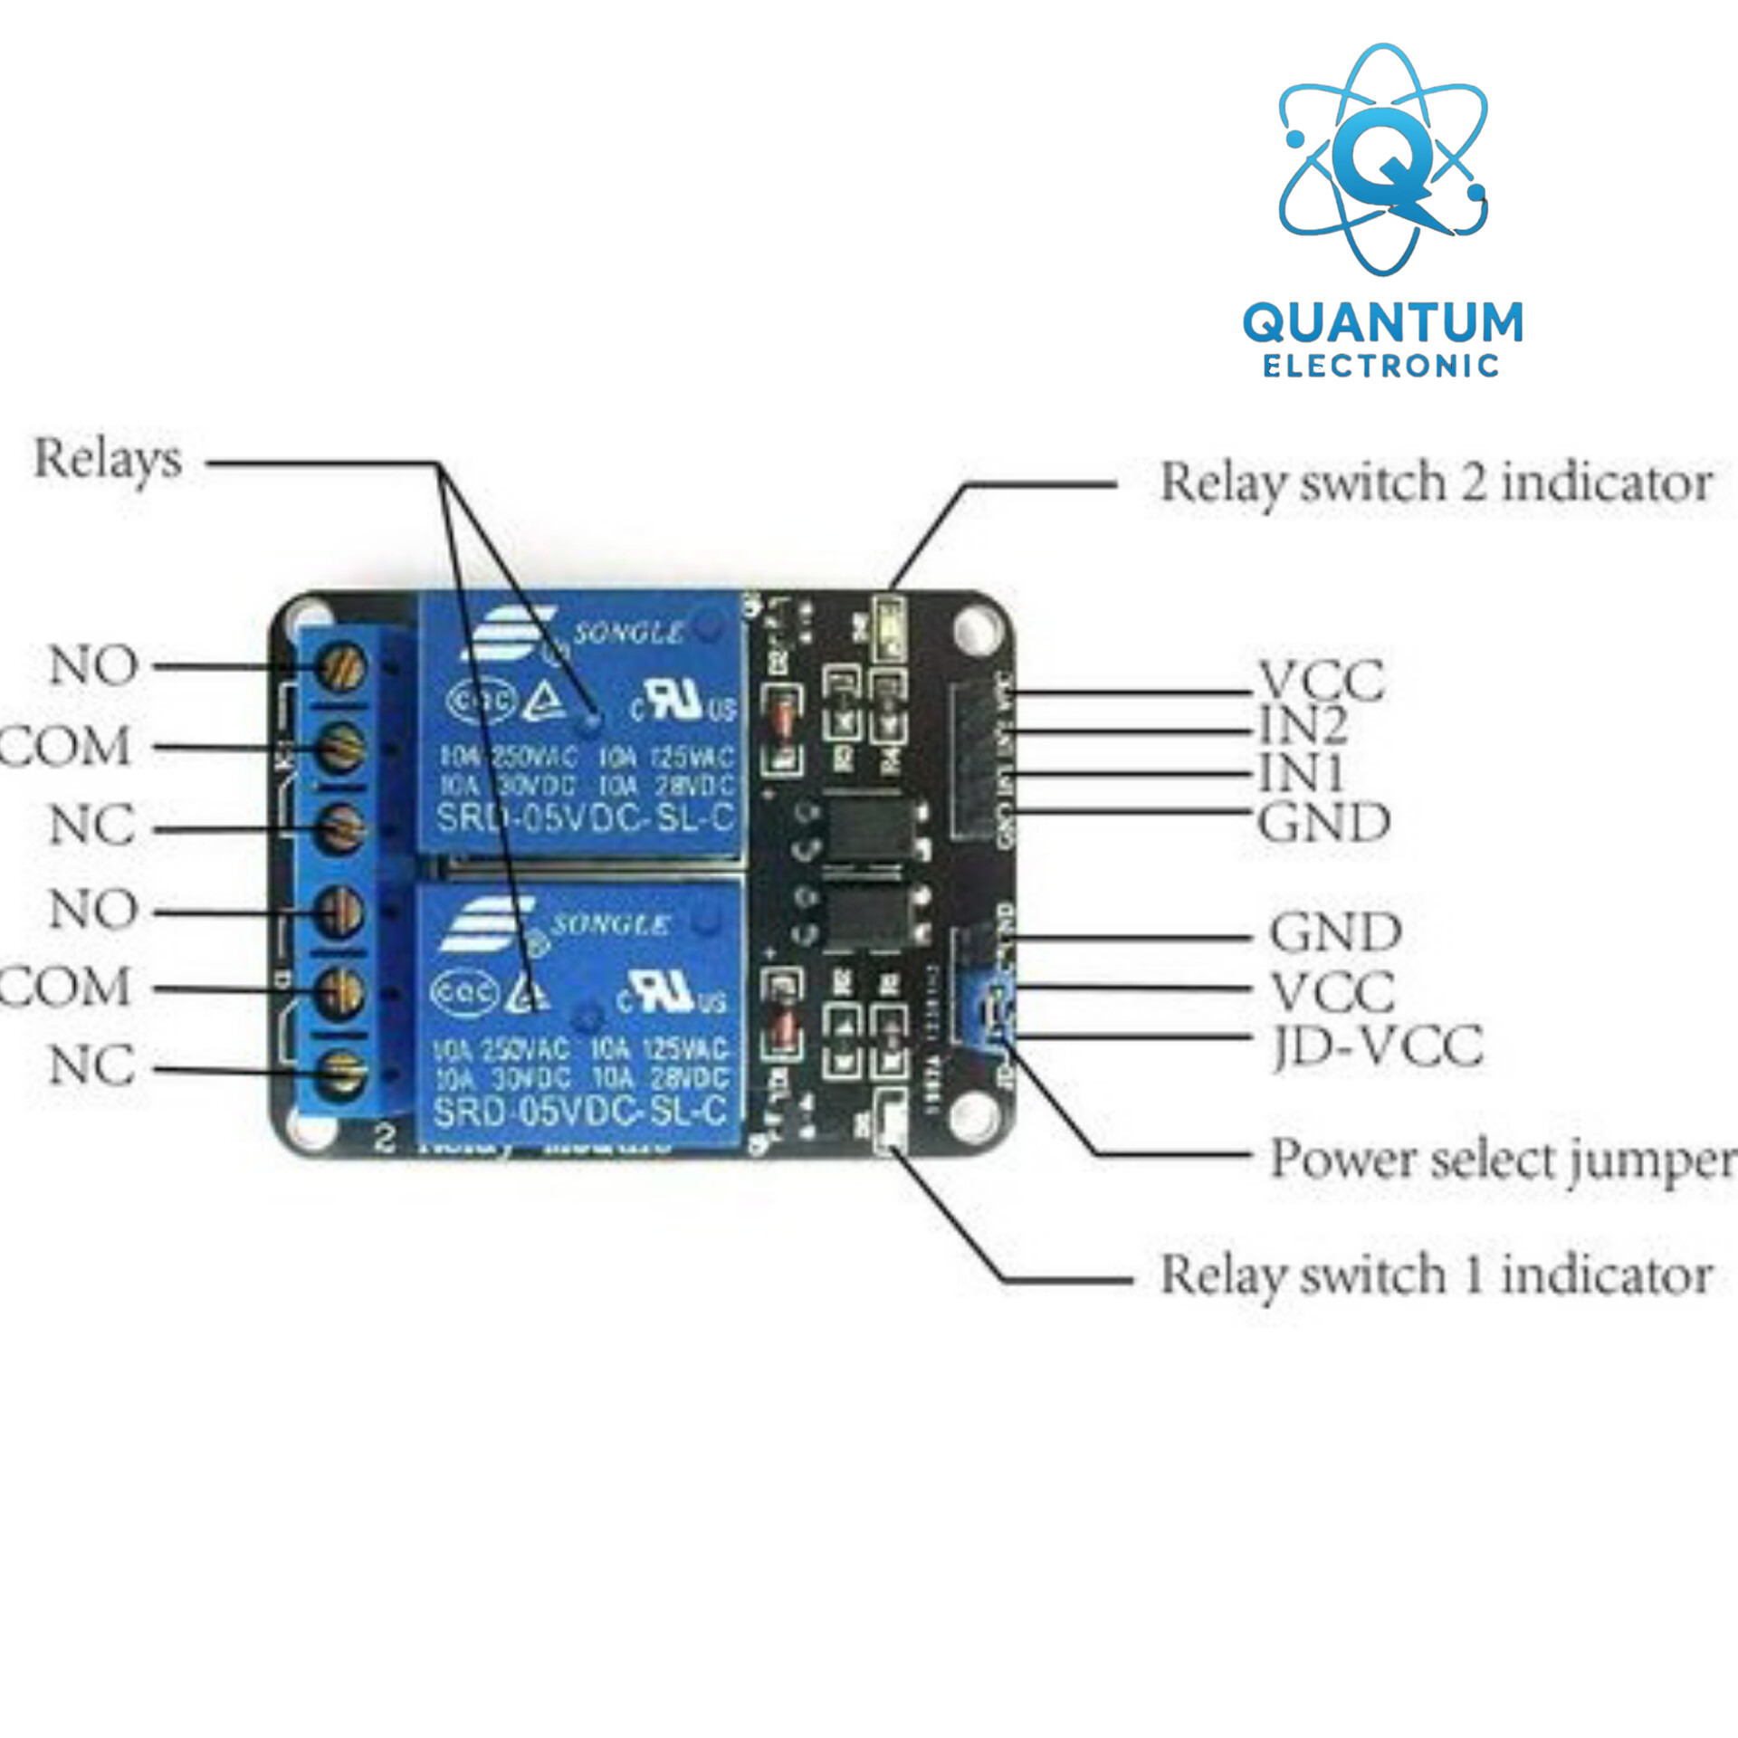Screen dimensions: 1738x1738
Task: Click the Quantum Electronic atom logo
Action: pyautogui.click(x=1381, y=160)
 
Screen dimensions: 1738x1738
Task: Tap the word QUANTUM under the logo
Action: pyautogui.click(x=1382, y=323)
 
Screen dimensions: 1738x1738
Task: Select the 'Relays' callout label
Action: pyautogui.click(x=108, y=459)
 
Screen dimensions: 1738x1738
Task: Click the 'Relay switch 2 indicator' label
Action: pyautogui.click(x=1435, y=482)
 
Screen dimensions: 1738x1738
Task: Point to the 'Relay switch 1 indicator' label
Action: pyautogui.click(x=1435, y=1275)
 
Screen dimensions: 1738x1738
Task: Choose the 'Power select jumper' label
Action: pyautogui.click(x=1502, y=1160)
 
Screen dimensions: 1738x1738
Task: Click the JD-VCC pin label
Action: pyautogui.click(x=1377, y=1046)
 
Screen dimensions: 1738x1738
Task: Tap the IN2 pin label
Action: pyautogui.click(x=1303, y=724)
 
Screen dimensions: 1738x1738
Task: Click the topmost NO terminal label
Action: pyautogui.click(x=93, y=666)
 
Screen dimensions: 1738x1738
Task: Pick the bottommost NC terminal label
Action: pyautogui.click(x=92, y=1065)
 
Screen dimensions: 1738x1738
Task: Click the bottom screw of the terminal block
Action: pyautogui.click(x=341, y=1074)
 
